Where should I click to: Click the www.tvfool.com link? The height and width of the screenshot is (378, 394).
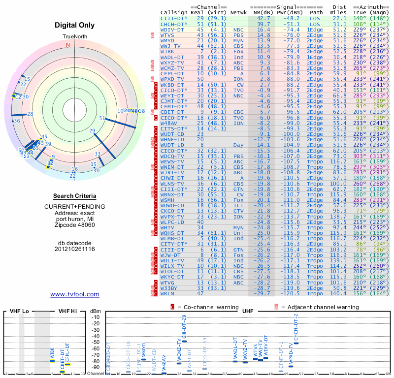click(74, 294)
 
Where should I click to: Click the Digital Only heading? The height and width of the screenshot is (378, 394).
click(74, 25)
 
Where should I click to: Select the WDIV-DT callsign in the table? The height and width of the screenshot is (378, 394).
click(172, 30)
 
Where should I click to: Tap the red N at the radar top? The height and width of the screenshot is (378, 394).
click(68, 45)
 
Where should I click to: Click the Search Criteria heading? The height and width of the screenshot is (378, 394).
click(74, 196)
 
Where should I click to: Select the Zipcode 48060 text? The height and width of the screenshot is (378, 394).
click(74, 225)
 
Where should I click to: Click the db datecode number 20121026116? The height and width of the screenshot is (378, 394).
click(74, 249)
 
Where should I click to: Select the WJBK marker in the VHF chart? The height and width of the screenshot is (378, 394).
click(52, 361)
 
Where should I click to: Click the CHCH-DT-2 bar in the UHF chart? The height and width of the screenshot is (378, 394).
click(296, 343)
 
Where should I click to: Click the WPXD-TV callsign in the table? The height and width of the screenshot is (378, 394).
click(172, 78)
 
